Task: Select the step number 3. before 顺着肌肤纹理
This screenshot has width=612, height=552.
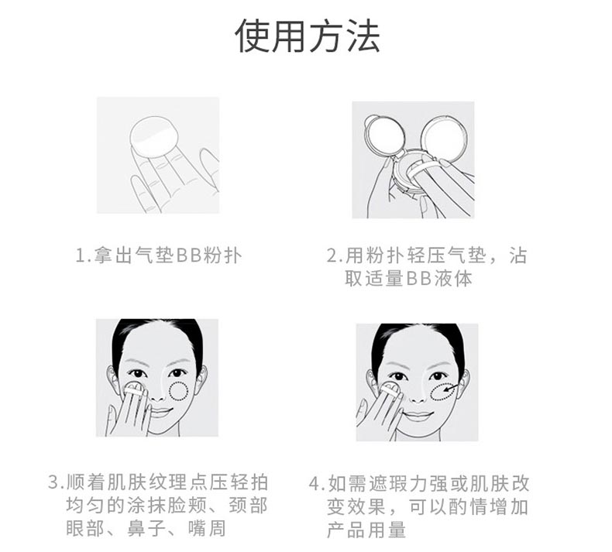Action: pyautogui.click(x=56, y=483)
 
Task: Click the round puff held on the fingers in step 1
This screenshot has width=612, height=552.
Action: pyautogui.click(x=154, y=135)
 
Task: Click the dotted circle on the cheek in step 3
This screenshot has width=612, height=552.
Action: pyautogui.click(x=180, y=389)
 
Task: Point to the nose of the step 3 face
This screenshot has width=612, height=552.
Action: pyautogui.click(x=158, y=386)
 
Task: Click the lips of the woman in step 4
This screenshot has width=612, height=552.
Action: pyautogui.click(x=418, y=416)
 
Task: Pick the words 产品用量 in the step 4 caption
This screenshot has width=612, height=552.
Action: pyautogui.click(x=366, y=530)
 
